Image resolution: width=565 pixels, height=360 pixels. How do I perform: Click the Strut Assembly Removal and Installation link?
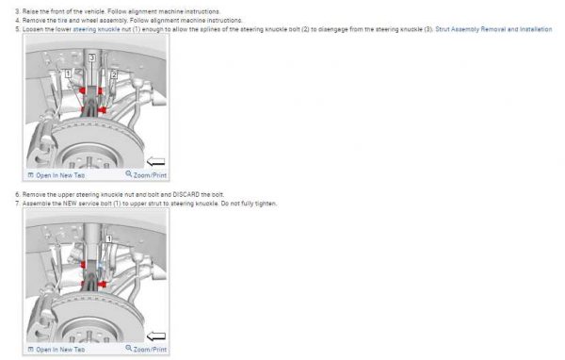493,29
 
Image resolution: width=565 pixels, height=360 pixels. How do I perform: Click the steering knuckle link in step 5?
96,29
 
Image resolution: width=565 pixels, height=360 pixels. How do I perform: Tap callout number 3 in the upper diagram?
92,57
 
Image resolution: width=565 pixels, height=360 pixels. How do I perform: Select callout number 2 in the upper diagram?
114,74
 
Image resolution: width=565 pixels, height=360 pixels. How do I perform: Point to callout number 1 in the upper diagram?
68,74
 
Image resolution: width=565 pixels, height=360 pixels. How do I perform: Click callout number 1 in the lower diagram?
109,238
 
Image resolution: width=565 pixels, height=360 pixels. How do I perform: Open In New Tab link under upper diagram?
56,175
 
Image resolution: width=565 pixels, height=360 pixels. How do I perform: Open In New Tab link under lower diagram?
56,350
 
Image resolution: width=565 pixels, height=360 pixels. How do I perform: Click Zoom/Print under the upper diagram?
146,175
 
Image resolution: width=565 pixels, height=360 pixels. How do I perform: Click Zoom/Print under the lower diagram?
146,350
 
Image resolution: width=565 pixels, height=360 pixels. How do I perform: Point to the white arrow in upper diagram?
156,161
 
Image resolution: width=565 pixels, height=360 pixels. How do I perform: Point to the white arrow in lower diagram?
156,336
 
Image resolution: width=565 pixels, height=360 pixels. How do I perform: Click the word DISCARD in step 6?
186,194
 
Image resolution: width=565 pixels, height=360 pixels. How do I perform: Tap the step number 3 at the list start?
17,11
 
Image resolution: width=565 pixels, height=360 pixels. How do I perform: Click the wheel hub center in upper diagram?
89,162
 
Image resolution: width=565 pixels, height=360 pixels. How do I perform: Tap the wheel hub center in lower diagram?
89,336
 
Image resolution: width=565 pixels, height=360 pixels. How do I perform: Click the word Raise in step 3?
30,11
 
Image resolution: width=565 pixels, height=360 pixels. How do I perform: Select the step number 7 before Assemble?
17,204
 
